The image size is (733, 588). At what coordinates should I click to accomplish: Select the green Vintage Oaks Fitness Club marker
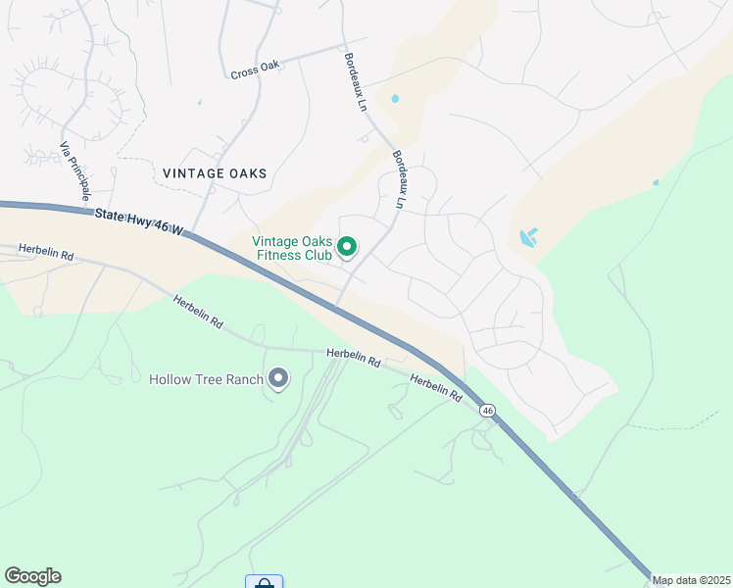coord(347,247)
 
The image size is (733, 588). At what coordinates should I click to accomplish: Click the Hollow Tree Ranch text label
coord(206,379)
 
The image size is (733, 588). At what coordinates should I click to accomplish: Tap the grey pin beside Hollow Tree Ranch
coord(278,377)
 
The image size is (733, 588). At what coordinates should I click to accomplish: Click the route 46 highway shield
coord(488,411)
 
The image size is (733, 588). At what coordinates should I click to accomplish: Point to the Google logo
coord(32,575)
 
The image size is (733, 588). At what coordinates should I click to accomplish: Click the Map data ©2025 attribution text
coord(691,580)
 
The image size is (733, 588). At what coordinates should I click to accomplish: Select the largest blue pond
coord(527,237)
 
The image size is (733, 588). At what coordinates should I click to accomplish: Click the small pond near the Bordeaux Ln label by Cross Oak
coord(395,99)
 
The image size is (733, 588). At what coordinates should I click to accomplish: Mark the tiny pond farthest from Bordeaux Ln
coord(656,181)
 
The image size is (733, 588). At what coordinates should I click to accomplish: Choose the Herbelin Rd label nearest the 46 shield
coord(435,388)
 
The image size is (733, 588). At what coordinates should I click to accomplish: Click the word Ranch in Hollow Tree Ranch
coord(245,379)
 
